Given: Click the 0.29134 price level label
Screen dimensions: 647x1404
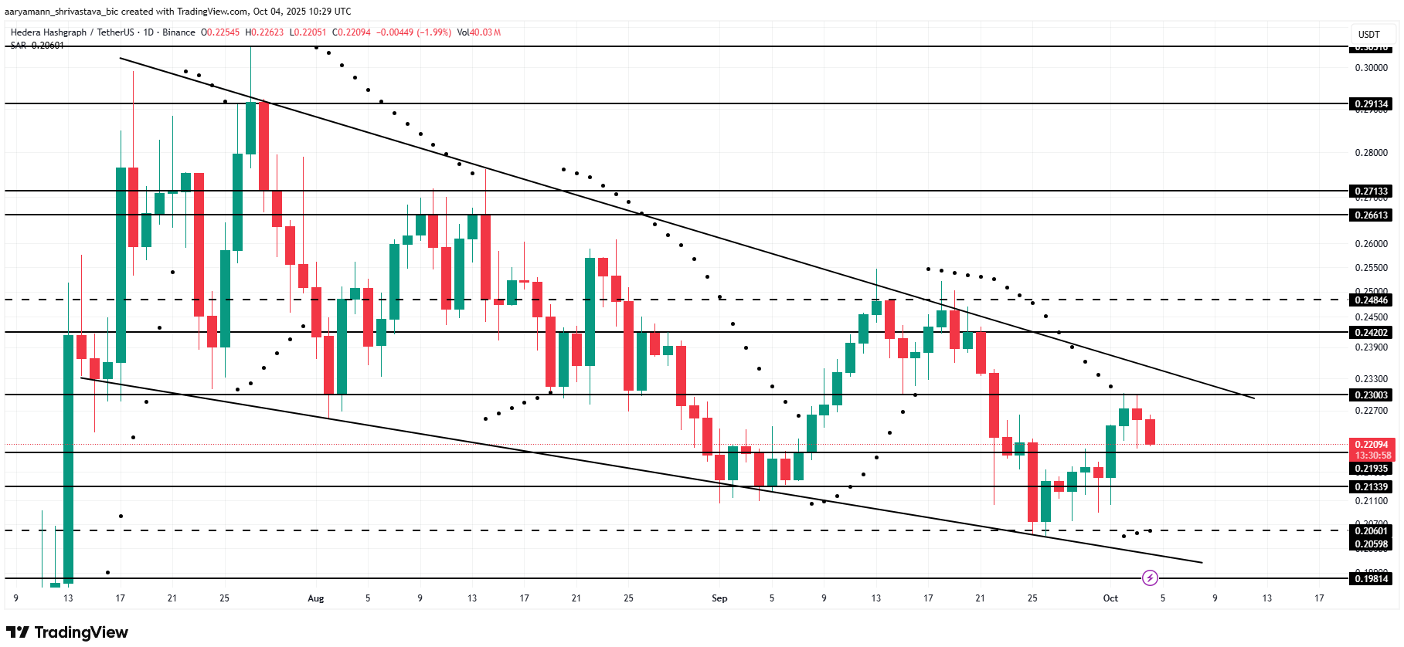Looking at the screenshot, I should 1372,103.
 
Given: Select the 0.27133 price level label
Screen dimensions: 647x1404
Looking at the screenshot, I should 1372,191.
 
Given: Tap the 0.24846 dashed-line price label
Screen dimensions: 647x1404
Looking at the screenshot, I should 1372,300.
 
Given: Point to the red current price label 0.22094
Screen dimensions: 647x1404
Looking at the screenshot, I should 1372,445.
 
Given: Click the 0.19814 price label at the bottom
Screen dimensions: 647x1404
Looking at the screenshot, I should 1372,578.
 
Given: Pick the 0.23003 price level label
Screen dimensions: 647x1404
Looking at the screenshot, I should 1372,395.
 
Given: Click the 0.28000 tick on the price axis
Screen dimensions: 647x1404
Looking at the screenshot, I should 1372,153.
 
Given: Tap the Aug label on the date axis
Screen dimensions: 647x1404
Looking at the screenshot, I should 315,598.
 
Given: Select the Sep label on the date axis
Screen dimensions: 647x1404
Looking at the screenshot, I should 719,598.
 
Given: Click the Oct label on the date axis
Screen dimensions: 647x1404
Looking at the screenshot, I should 1110,598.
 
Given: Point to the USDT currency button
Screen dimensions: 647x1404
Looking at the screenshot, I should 1369,34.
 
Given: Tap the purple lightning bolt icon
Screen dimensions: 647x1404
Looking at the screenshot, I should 1150,578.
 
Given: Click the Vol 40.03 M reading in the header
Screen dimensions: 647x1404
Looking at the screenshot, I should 479,32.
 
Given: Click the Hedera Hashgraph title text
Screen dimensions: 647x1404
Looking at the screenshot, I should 49,32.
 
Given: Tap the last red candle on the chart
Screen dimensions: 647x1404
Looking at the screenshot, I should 1150,432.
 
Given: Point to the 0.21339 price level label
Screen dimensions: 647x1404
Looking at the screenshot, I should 1372,486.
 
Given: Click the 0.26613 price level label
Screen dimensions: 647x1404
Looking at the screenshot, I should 1372,215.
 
